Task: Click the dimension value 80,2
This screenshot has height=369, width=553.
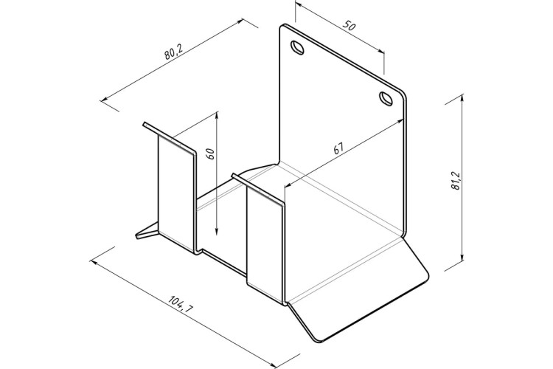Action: pos(173,53)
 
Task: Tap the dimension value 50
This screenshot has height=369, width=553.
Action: pos(349,25)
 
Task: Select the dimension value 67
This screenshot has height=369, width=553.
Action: pos(338,148)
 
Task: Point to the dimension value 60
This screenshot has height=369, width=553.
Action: pos(211,154)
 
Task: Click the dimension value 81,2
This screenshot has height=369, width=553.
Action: pos(456,181)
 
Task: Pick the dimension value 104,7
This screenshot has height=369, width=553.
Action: pos(181,304)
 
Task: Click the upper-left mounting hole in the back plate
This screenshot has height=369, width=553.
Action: pos(297,47)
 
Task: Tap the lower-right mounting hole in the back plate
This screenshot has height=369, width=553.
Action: pos(386,98)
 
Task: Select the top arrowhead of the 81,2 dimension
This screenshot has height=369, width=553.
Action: pos(462,100)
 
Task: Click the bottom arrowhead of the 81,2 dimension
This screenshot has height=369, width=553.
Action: pos(462,257)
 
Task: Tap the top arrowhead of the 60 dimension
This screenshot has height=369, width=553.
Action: pos(217,117)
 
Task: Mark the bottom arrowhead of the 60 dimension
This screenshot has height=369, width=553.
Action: pos(217,230)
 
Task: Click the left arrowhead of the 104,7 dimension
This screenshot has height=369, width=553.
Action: pos(95,262)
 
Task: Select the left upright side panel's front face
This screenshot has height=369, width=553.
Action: pos(175,193)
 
